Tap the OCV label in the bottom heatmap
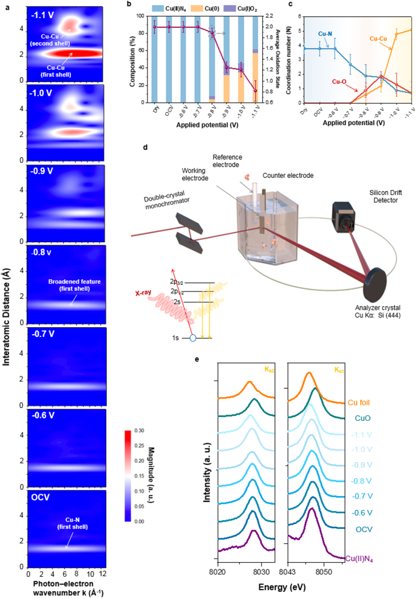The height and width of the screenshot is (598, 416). click(x=40, y=501)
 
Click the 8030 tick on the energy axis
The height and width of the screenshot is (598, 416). click(x=261, y=572)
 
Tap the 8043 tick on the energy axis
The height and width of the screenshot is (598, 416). click(x=287, y=572)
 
